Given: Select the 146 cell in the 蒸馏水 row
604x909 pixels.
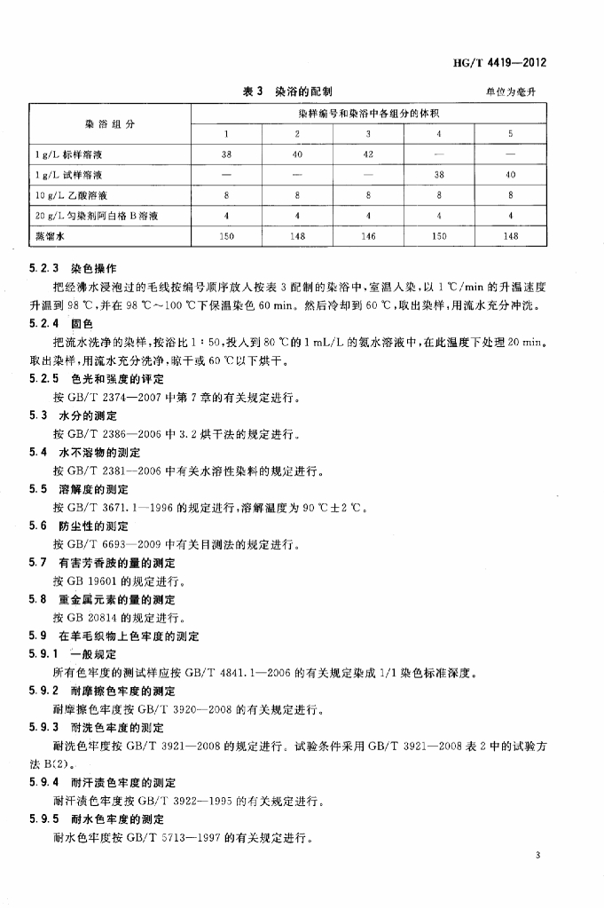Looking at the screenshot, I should click(368, 236).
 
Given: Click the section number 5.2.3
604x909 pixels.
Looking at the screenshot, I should click(44, 267).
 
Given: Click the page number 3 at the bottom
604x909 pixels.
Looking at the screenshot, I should click(538, 855).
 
